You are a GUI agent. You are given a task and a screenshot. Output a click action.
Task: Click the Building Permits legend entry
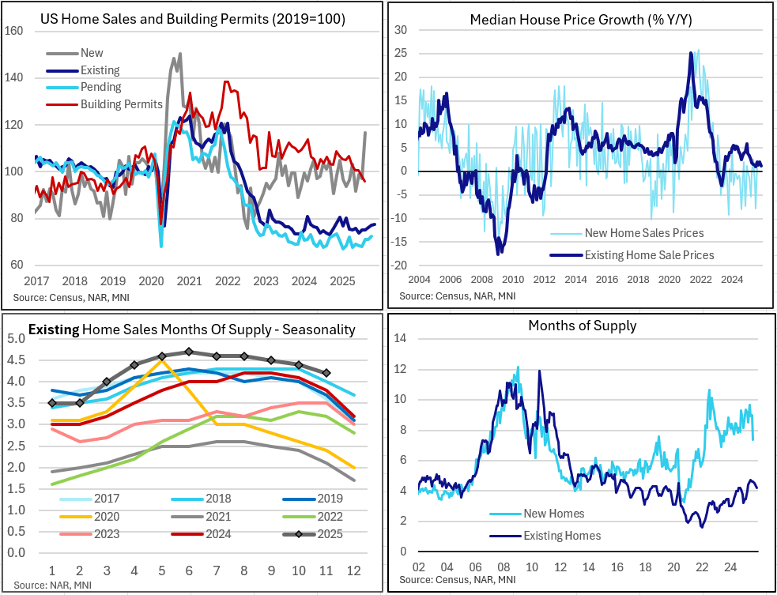point(121,104)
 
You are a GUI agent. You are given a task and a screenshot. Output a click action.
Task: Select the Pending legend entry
point(100,87)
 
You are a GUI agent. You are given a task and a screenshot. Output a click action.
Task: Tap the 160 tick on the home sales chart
point(15,32)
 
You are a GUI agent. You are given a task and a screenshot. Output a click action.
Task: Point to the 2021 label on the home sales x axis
point(190,281)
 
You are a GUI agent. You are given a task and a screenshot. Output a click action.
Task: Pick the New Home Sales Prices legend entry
point(643,232)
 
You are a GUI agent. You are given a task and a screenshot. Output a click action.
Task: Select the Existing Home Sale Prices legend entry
point(649,254)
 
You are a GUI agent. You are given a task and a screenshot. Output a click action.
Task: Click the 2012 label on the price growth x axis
point(544,279)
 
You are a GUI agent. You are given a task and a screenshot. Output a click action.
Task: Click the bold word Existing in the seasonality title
point(54,329)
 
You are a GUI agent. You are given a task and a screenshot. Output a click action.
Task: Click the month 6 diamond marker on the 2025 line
point(189,352)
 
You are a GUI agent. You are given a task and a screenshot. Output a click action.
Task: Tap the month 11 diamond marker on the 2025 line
point(326,373)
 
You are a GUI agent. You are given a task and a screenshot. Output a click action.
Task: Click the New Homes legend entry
point(554,514)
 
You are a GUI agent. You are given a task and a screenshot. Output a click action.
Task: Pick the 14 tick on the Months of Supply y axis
point(401,338)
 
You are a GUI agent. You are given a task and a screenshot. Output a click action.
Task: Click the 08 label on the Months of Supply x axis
point(501,568)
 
